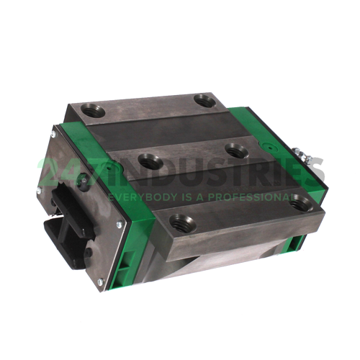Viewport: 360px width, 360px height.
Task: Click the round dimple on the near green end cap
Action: (x=109, y=168)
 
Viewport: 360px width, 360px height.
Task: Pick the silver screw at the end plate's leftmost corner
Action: (x=38, y=190)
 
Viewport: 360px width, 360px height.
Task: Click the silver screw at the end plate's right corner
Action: (x=120, y=225)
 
